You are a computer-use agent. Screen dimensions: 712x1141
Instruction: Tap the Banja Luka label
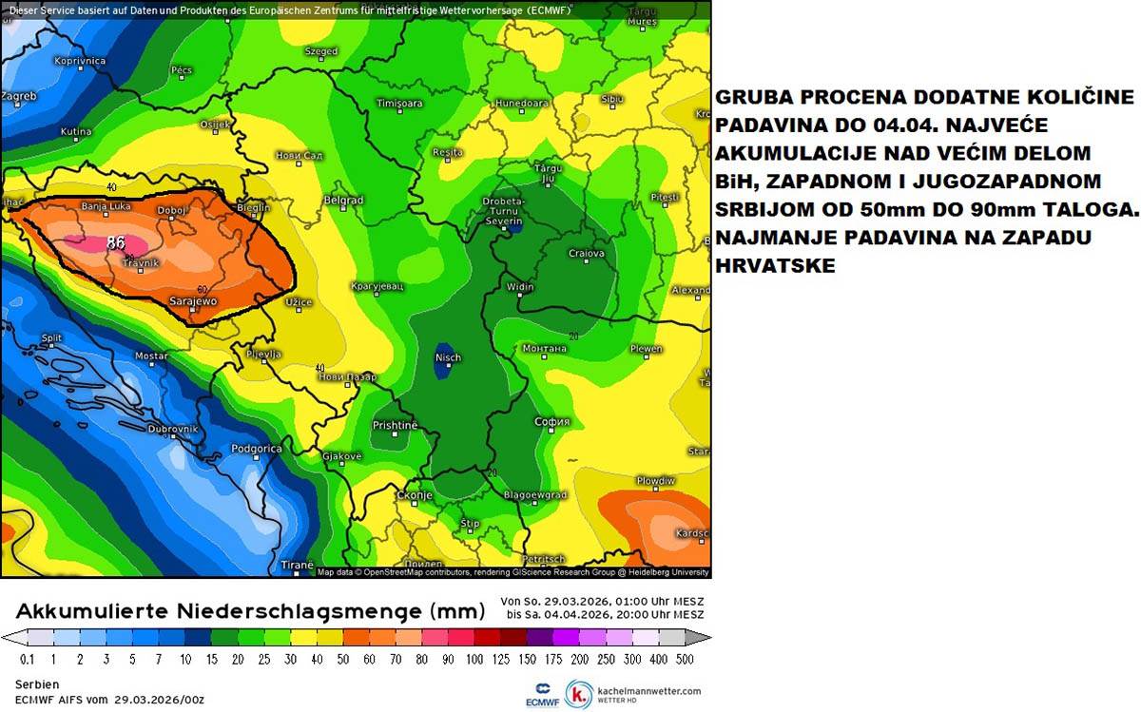coord(106,205)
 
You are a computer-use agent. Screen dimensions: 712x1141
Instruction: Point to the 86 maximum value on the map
coord(117,241)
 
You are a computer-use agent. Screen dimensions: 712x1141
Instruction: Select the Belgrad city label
coord(343,201)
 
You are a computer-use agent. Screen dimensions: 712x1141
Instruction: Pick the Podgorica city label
coord(257,449)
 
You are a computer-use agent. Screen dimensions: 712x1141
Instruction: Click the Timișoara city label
coord(399,104)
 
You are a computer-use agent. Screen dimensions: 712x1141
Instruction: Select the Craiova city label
coord(586,254)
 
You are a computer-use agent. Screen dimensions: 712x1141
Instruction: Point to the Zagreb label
coord(19,97)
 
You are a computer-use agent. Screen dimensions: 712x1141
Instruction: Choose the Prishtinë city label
coord(395,425)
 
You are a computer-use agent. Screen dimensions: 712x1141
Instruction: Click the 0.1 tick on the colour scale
coord(28,659)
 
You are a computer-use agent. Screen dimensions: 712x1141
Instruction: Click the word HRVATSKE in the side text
coord(775,267)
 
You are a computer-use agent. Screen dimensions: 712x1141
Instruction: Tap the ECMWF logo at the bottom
coord(541,694)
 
